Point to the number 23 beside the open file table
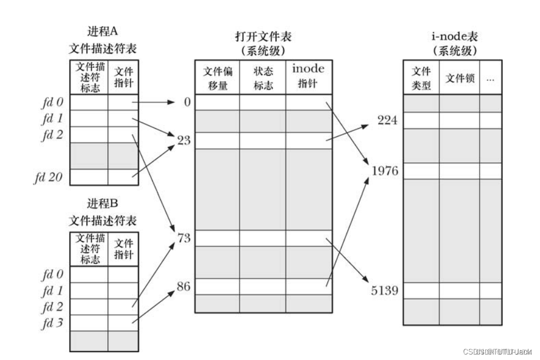(x=183, y=140)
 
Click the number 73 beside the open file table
(x=183, y=239)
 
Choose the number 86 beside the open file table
(x=183, y=286)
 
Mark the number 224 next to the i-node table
(x=387, y=120)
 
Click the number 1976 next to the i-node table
(x=385, y=170)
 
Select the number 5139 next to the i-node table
(x=385, y=290)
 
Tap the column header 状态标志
(x=263, y=78)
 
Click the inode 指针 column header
(x=308, y=76)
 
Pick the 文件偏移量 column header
(x=217, y=78)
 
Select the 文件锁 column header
(x=459, y=78)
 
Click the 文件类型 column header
(x=421, y=78)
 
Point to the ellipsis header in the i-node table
(x=490, y=78)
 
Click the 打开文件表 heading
(x=263, y=37)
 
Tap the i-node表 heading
(x=454, y=37)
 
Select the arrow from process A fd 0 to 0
(x=154, y=102)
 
